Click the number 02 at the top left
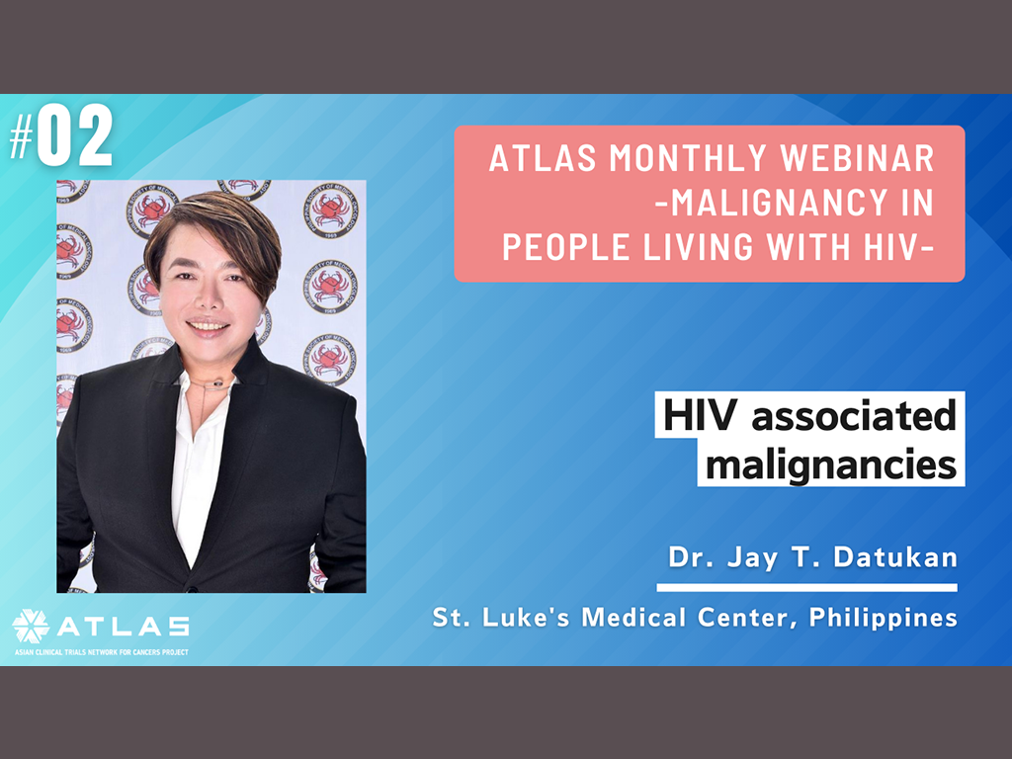[75, 135]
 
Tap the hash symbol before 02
[22, 139]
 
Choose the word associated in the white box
[853, 416]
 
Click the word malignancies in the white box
[830, 464]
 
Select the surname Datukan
[895, 557]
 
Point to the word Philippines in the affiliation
[883, 618]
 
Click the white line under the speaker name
[806, 587]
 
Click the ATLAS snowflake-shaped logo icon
[31, 626]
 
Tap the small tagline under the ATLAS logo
[102, 652]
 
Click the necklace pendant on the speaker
[218, 384]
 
